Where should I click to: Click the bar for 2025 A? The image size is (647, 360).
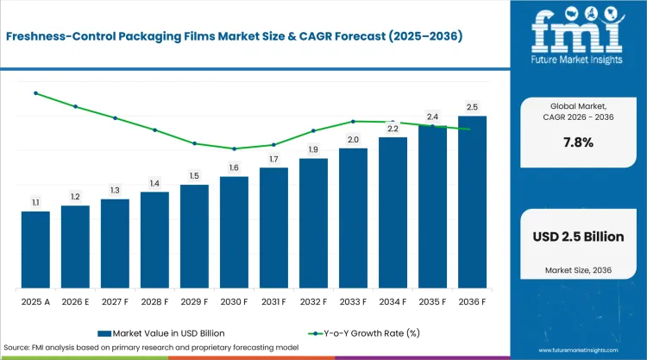35,249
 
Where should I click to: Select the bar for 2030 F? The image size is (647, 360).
234,232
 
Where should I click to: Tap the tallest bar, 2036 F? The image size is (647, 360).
472,202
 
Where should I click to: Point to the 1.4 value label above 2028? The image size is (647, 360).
154,183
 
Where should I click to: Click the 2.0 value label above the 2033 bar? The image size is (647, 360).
353,140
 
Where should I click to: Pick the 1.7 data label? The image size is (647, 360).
273,159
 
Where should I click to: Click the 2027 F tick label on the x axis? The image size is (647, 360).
115,302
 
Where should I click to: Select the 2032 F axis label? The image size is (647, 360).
314,302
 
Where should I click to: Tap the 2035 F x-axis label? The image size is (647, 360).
432,302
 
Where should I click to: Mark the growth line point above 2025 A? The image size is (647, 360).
36,93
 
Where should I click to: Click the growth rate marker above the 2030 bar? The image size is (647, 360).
234,148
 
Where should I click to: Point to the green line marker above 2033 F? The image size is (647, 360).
353,122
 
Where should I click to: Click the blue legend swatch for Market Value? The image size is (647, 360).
104,333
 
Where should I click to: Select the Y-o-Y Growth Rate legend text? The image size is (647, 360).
372,333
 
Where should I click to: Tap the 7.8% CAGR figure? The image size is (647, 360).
579,142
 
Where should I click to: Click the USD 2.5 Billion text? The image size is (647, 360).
579,237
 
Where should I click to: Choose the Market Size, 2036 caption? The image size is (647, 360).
579,270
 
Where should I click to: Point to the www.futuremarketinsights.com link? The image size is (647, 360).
579,351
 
